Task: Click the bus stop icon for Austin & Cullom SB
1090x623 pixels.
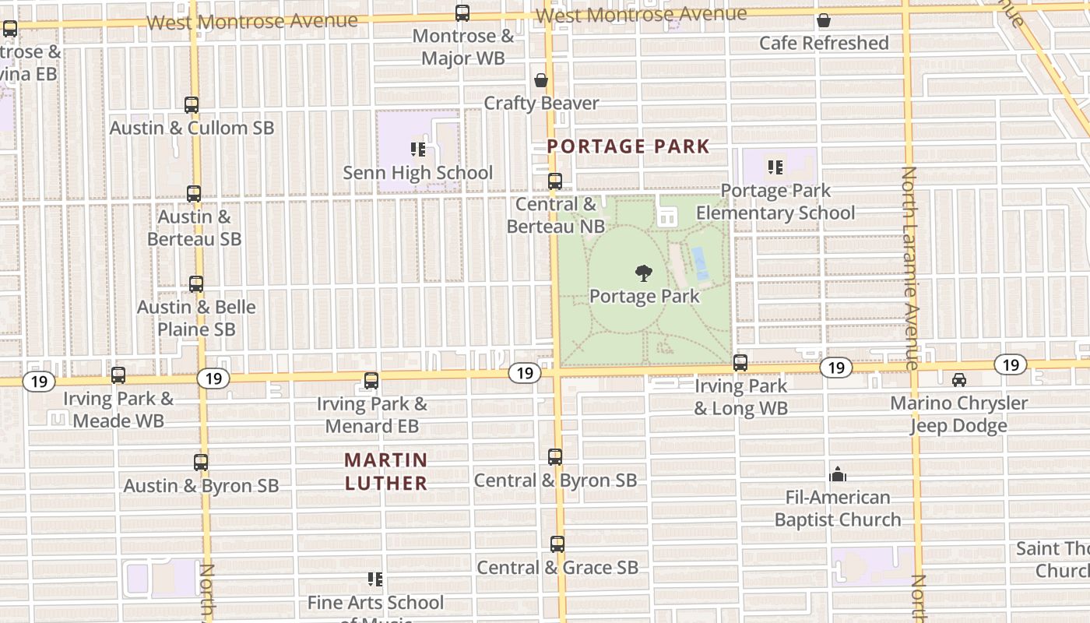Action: (192, 104)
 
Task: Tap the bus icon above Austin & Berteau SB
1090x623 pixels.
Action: (194, 194)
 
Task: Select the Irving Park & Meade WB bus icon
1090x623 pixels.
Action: (118, 375)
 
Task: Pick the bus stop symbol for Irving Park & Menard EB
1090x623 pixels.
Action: (372, 381)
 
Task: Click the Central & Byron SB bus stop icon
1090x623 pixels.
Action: (555, 457)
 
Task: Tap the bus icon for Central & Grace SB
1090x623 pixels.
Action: (557, 544)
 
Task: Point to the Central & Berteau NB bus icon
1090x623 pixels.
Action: (555, 181)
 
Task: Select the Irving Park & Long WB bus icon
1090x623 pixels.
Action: (740, 363)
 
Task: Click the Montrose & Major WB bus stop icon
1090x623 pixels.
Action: (462, 13)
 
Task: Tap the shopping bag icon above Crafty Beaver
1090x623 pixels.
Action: (541, 80)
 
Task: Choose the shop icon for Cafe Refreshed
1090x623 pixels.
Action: (824, 20)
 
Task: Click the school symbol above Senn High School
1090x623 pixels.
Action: (418, 150)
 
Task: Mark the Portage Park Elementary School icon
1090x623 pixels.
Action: (775, 167)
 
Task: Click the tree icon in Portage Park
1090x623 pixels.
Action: (643, 273)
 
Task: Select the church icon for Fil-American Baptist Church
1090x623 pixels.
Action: (838, 474)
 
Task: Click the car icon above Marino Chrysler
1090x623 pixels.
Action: (959, 380)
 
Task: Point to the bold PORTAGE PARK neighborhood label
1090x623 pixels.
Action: (628, 146)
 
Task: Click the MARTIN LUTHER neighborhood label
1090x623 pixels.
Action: (386, 472)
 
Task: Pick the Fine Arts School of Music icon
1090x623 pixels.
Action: (375, 579)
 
